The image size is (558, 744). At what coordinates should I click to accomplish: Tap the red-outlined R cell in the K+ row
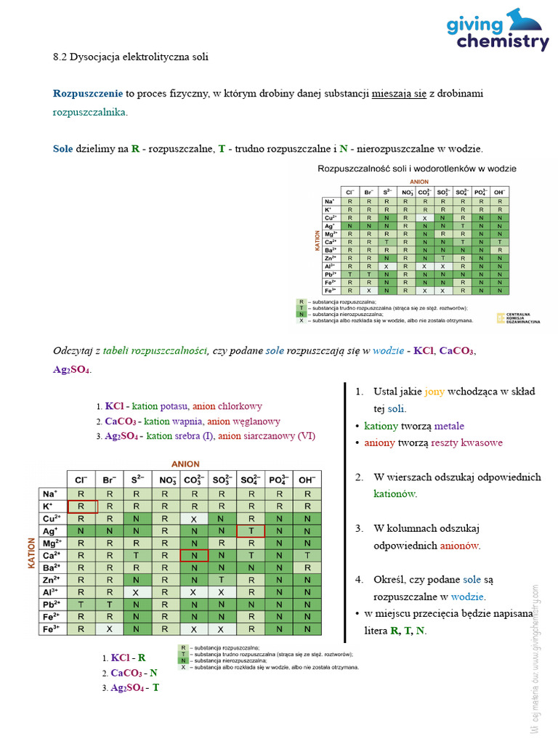(x=82, y=506)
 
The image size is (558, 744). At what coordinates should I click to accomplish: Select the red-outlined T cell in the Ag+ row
(x=251, y=531)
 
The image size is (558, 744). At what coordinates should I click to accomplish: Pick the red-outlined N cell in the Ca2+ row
(x=194, y=556)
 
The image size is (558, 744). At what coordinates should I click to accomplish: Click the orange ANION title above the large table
(x=185, y=464)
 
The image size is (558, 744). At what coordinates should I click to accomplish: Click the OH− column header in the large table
(x=307, y=480)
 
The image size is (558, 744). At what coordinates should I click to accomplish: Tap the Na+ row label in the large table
(x=51, y=494)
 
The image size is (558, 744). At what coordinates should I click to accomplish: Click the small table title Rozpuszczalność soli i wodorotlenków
(x=417, y=169)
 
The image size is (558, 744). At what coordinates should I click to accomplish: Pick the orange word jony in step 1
(x=434, y=392)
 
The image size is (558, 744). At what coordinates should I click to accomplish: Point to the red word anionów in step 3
(x=459, y=546)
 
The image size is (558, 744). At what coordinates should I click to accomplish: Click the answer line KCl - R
(x=125, y=658)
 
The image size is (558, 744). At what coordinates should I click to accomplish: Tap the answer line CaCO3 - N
(x=131, y=672)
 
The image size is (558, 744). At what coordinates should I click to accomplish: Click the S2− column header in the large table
(x=137, y=480)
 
